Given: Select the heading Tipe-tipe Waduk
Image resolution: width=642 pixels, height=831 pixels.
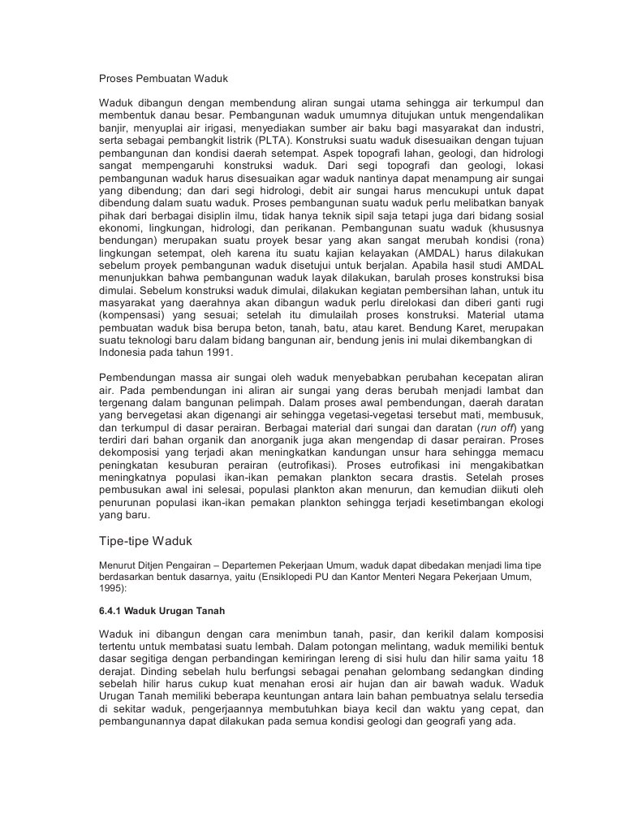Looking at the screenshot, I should pyautogui.click(x=145, y=541).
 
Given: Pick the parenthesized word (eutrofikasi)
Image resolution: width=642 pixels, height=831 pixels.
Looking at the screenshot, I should pyautogui.click(x=303, y=464).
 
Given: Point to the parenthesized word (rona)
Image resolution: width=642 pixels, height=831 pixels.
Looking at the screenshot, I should pyautogui.click(x=528, y=241).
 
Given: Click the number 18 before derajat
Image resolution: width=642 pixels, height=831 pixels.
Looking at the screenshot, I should pyautogui.click(x=536, y=659).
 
